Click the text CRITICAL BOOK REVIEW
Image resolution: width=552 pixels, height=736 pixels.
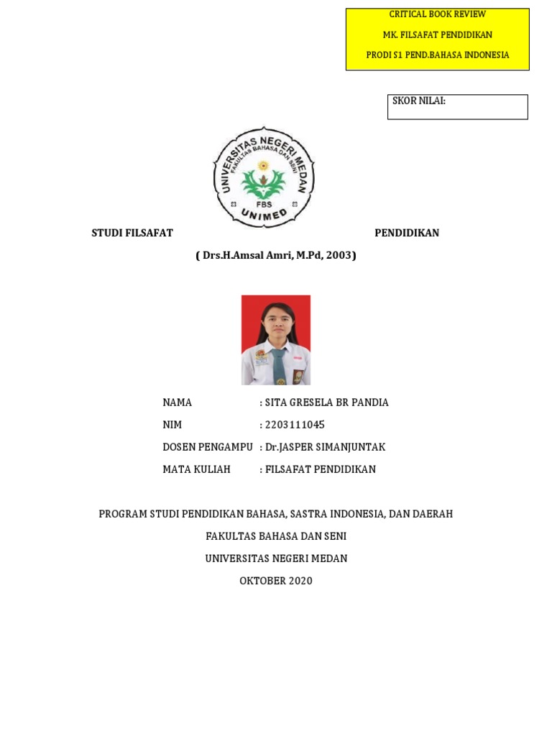tap(437, 14)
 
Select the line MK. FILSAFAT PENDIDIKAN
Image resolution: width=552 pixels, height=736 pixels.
tap(437, 34)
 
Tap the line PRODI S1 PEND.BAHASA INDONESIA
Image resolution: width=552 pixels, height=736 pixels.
tap(437, 55)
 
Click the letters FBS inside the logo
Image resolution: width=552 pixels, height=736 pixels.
tap(263, 203)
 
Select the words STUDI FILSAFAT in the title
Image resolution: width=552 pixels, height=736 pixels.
tap(132, 233)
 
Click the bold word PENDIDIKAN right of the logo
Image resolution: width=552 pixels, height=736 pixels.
tap(407, 233)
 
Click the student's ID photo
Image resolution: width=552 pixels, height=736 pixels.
tap(276, 339)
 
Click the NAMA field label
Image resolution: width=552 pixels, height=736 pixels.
tap(178, 402)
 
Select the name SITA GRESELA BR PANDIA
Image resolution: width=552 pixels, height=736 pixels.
tap(326, 402)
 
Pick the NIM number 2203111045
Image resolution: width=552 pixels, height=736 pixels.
tap(295, 425)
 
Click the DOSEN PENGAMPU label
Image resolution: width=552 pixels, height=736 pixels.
tap(208, 447)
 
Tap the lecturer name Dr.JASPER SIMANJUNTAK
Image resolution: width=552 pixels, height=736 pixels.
tap(325, 447)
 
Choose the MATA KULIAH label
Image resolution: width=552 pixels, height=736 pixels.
tap(197, 469)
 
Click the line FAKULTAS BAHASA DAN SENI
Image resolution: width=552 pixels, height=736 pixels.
tap(276, 536)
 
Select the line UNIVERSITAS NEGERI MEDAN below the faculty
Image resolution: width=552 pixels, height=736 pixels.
tap(276, 558)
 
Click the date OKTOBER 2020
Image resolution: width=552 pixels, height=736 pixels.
tap(276, 581)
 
